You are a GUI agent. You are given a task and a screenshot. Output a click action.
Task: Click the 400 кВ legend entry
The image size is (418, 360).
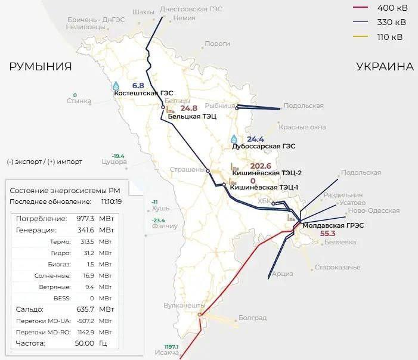391,8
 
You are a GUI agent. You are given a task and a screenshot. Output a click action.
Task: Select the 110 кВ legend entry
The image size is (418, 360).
391,36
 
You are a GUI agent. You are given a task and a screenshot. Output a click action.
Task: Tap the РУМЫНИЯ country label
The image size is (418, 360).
41,67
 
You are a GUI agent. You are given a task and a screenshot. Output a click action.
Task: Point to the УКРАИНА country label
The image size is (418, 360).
385,67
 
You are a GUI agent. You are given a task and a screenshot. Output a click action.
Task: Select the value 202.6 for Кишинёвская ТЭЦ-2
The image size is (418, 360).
261,166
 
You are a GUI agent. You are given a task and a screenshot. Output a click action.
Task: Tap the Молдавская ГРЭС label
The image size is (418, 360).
333,225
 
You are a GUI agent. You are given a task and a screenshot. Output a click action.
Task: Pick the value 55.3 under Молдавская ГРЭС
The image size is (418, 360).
328,234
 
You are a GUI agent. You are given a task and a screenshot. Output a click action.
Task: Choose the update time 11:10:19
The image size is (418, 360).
112,201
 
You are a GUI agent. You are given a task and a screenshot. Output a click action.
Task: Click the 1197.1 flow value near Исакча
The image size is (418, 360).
171,346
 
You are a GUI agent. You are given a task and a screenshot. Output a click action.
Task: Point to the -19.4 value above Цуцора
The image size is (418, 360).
118,156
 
